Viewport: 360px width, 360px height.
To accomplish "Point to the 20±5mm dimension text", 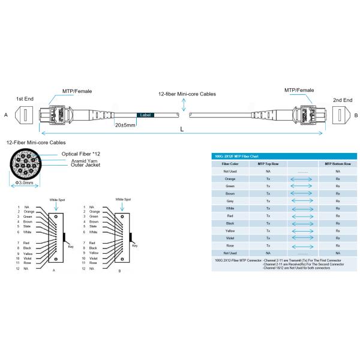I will [x=125, y=125].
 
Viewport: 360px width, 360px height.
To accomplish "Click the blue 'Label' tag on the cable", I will [x=145, y=115].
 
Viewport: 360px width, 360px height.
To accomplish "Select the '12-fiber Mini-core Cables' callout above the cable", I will [x=187, y=94].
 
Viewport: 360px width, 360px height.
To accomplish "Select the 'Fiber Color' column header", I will [x=230, y=163].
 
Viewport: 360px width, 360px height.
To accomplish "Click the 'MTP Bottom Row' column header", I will [x=338, y=163].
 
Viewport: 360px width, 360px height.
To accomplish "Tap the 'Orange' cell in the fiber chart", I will [x=230, y=179].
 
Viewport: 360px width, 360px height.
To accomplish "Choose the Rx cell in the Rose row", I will [x=338, y=245].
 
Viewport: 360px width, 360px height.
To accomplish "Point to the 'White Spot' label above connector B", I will [x=123, y=199].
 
